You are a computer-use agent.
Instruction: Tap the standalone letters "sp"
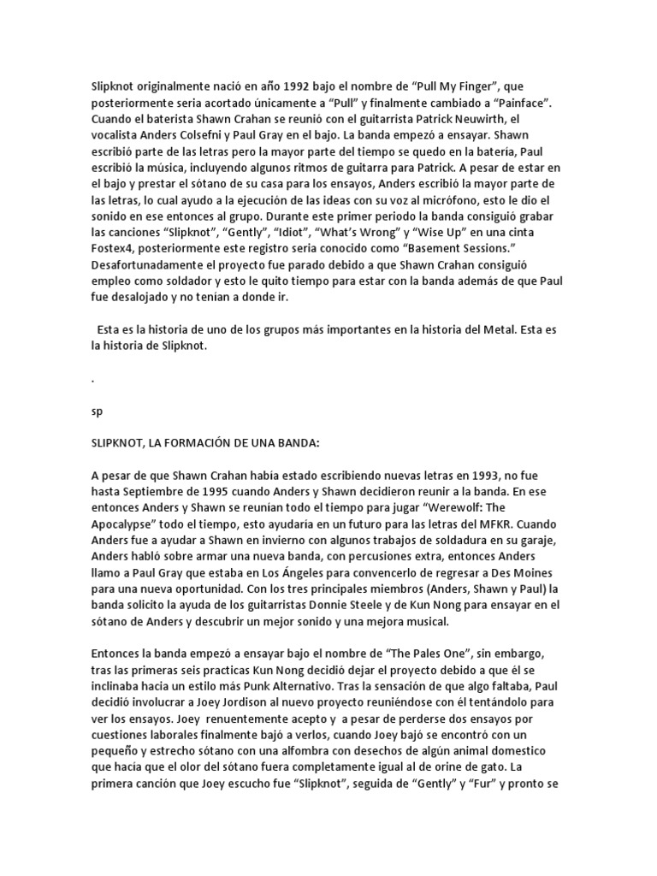[x=97, y=411]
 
